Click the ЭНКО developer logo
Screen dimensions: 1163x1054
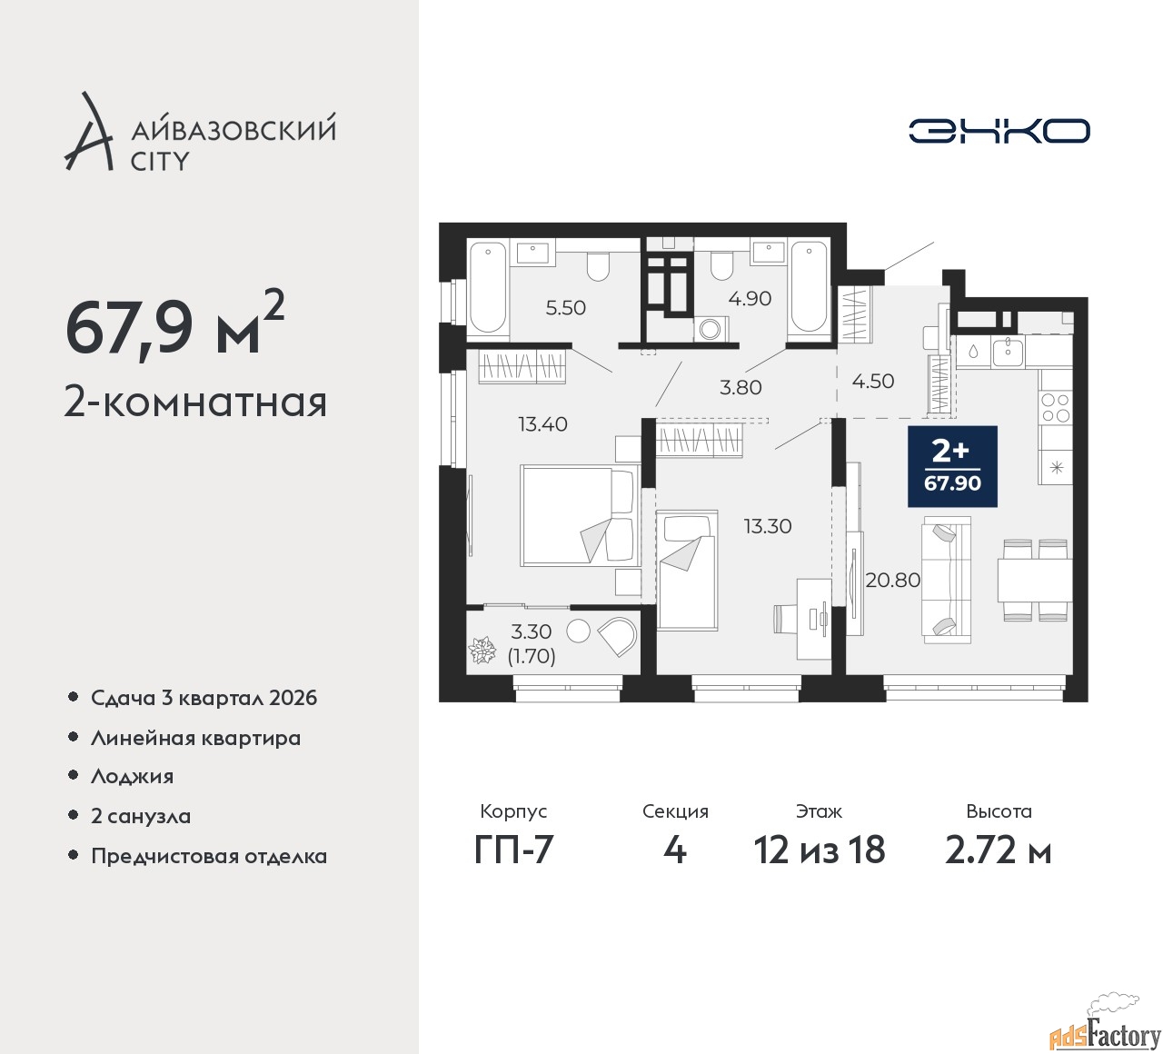point(999,131)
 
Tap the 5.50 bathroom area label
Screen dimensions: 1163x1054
point(565,307)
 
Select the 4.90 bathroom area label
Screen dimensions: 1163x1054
point(750,299)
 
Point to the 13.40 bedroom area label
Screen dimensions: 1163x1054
point(542,423)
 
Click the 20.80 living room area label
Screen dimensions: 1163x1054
point(893,579)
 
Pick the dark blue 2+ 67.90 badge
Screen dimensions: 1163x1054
point(952,466)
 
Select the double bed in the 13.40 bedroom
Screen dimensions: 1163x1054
point(580,515)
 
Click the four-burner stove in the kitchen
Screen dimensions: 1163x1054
point(1055,408)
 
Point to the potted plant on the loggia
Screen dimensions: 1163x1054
point(482,650)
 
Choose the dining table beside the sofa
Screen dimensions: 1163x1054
point(1034,580)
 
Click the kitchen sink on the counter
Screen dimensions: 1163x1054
point(1008,352)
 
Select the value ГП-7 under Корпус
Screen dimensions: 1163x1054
point(513,850)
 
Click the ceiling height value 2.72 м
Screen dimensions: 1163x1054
point(998,850)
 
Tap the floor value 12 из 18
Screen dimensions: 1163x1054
point(820,850)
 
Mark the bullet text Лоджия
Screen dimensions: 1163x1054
point(132,777)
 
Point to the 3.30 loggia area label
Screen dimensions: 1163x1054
point(531,631)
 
